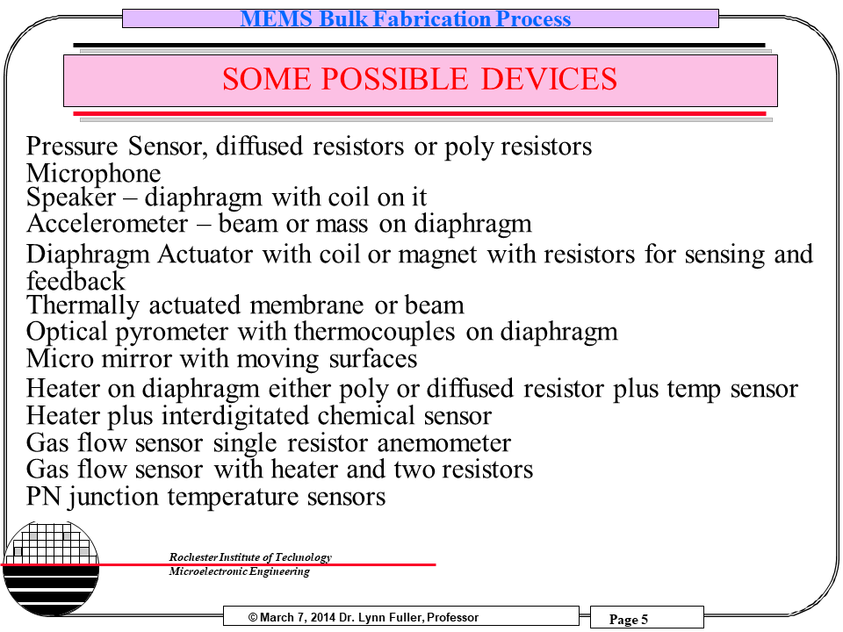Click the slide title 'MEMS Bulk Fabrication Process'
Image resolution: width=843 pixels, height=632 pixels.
[406, 19]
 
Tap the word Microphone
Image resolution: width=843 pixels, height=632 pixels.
[94, 173]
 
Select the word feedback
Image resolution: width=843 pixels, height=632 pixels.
[76, 282]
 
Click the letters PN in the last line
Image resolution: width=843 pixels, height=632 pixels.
[42, 497]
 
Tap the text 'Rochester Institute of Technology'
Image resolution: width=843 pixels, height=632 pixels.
[250, 557]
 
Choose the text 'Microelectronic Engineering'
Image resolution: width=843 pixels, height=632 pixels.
[239, 572]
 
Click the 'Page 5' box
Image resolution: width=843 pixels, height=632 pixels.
[629, 620]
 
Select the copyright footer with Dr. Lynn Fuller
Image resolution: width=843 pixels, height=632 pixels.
[364, 618]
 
